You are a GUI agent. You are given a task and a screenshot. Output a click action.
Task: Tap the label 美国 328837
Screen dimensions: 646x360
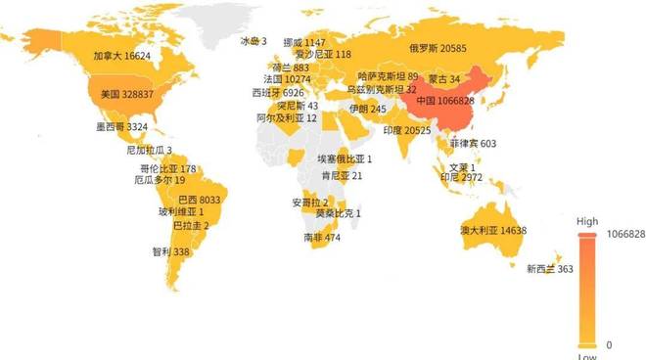[132, 95]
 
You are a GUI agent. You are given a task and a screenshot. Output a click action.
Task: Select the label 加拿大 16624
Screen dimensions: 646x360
[122, 57]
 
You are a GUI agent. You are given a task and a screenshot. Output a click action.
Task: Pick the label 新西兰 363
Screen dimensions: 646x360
[550, 269]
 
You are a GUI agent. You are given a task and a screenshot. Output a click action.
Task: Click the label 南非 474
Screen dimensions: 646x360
[322, 238]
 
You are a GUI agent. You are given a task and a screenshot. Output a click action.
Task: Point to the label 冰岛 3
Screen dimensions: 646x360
[254, 41]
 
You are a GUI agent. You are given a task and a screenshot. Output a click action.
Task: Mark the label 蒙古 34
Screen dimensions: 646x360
[441, 78]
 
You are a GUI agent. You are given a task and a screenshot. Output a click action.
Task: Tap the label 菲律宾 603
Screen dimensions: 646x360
[473, 144]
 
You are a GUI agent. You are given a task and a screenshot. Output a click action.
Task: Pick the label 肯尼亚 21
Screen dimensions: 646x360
[342, 176]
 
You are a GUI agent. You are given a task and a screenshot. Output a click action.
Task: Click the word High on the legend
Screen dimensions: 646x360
[587, 222]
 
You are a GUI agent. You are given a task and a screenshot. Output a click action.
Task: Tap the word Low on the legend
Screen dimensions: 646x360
[587, 356]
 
